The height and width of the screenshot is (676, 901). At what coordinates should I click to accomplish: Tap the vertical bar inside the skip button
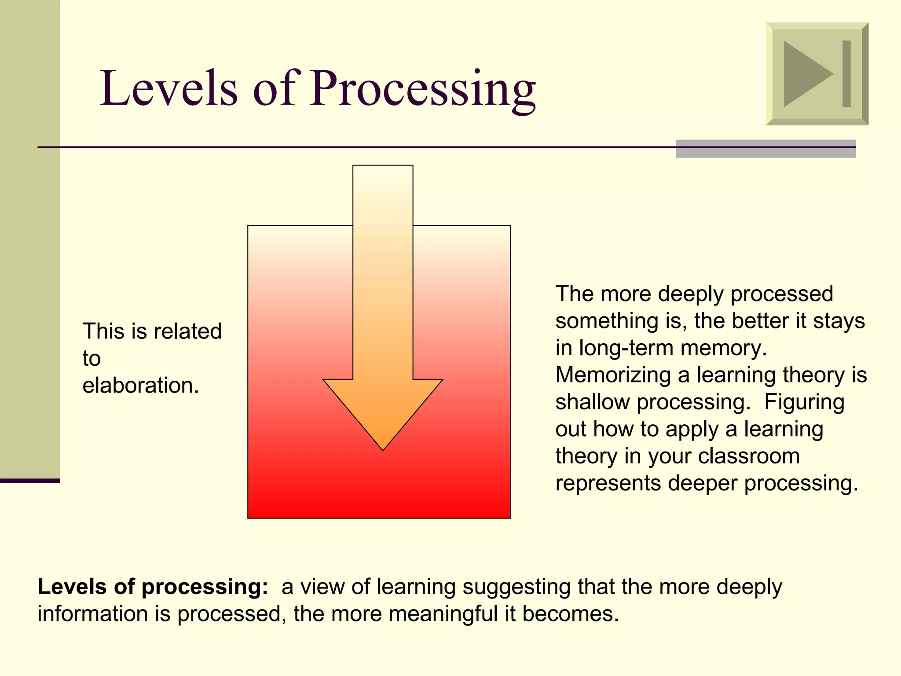click(846, 73)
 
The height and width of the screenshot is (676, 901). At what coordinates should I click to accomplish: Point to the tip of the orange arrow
click(383, 448)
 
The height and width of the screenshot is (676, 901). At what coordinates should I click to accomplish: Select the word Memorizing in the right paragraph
click(612, 375)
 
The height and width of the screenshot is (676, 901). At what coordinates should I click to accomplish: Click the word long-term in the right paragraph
click(626, 348)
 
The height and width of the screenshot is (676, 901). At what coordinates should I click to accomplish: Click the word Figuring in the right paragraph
click(804, 402)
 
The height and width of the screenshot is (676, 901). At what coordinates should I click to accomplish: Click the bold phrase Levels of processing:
click(153, 587)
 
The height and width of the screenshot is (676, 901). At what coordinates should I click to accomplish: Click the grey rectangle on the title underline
click(765, 149)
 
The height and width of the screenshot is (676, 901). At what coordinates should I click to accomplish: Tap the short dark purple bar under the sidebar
click(29, 481)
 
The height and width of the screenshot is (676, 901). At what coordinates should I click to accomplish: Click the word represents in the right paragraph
click(608, 483)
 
